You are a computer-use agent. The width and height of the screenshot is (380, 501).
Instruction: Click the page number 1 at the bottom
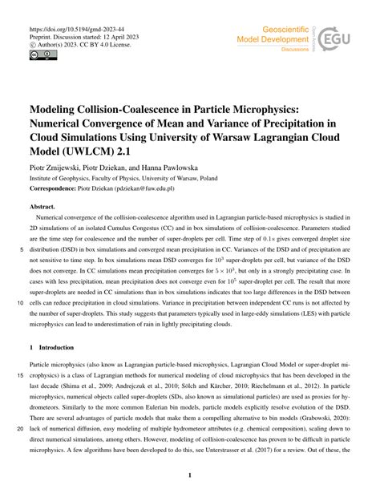click(190, 475)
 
